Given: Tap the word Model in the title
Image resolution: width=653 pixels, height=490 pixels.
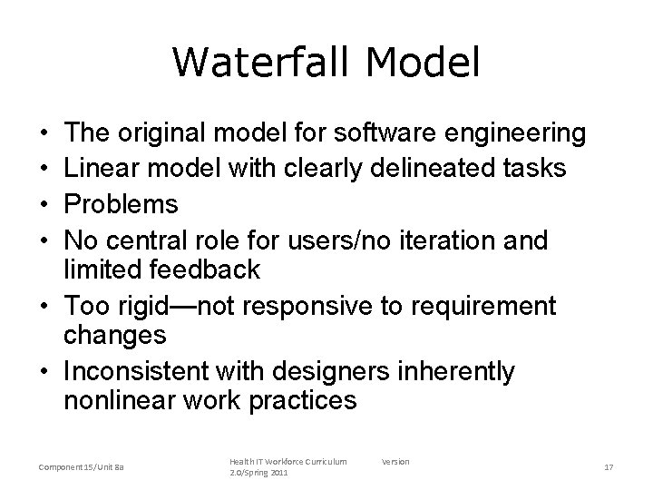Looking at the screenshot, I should coord(424,63).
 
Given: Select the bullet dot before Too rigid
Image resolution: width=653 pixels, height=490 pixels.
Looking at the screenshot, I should coord(44,306).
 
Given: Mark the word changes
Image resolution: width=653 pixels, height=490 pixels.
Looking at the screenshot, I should coord(115,336).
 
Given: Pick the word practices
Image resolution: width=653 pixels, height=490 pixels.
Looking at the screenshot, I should coord(297,401).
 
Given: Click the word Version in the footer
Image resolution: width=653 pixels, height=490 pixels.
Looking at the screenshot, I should coord(395,461).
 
